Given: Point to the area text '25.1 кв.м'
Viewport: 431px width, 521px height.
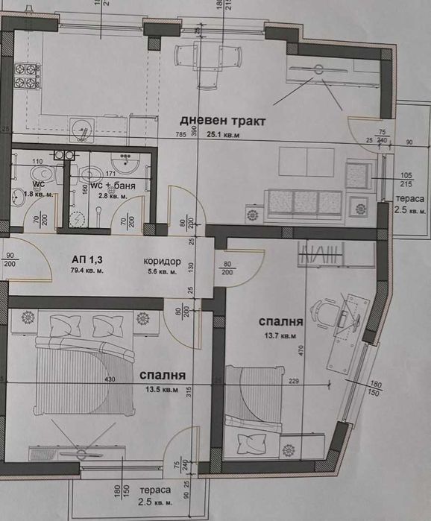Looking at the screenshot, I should pyautogui.click(x=223, y=135).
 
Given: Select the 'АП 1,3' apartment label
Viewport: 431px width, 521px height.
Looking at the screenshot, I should pyautogui.click(x=87, y=259).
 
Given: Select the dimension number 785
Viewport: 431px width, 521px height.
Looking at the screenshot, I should pyautogui.click(x=180, y=135).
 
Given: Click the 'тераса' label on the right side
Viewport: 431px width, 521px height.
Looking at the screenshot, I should pyautogui.click(x=410, y=200).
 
